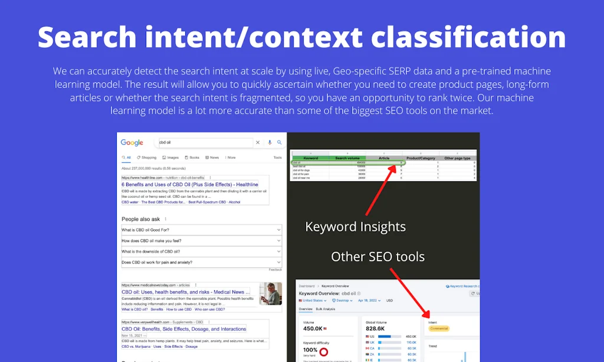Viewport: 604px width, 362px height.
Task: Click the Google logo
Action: [x=132, y=143]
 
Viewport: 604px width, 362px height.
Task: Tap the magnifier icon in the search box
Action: [x=280, y=142]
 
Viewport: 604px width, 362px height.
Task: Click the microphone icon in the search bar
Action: [x=270, y=142]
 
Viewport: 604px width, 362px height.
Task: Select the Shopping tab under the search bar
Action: [x=147, y=158]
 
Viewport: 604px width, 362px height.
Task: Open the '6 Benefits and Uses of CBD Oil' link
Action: [x=189, y=185]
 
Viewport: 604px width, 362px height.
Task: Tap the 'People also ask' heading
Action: [x=141, y=219]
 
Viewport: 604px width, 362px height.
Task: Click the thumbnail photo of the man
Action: [x=271, y=293]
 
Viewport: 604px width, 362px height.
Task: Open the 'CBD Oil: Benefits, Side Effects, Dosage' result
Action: [x=183, y=329]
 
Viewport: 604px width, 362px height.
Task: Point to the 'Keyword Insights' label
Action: [x=355, y=227]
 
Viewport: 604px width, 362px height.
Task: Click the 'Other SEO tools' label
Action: [x=377, y=256]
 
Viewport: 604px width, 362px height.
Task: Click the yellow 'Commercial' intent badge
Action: [x=439, y=328]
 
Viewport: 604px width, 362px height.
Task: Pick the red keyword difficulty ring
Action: [x=323, y=352]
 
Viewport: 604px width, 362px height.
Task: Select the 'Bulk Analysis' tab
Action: [x=326, y=309]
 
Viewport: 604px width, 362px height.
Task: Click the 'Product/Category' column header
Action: [x=421, y=158]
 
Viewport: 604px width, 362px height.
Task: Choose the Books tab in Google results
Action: [x=192, y=158]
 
